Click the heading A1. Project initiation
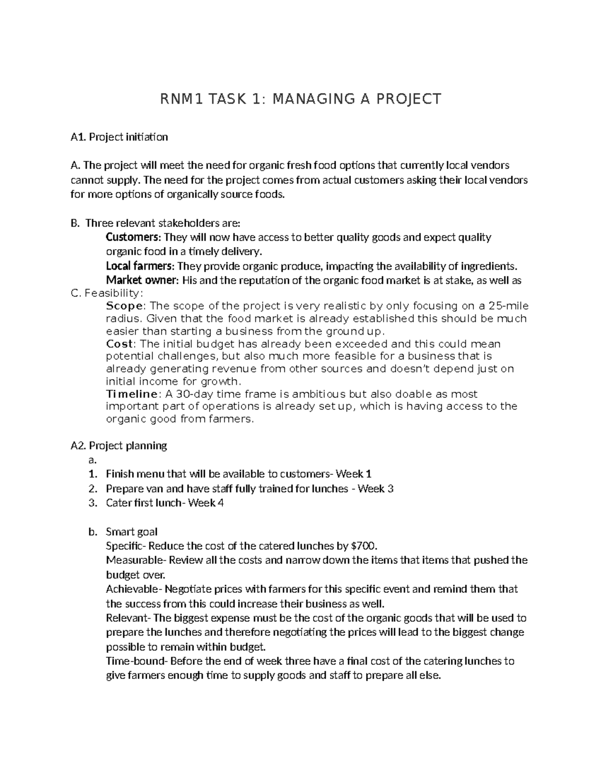119,137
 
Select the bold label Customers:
134,237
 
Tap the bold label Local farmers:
141,266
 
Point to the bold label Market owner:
142,280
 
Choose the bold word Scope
125,306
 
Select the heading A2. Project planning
119,445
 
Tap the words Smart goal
132,532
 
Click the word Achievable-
134,589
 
